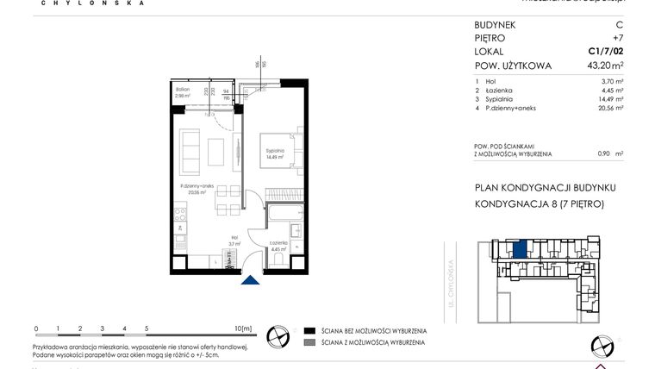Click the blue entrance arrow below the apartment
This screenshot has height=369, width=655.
250,278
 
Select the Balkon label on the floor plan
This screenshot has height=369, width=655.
182,91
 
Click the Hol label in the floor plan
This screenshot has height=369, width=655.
234,240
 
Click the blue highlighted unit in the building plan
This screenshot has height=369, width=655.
519,249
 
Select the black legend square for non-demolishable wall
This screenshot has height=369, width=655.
309,330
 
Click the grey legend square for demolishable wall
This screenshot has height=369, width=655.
309,343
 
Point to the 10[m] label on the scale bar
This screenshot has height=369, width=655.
241,328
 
